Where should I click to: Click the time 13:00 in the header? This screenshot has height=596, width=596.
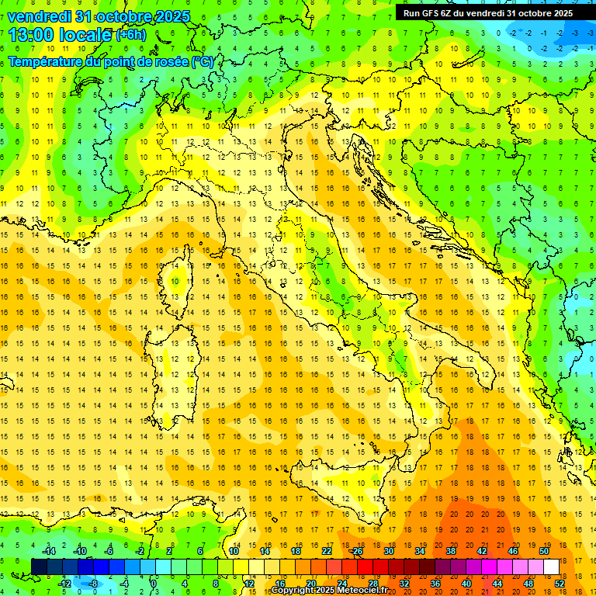pos(34,35)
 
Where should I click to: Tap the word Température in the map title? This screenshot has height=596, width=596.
pos(47,62)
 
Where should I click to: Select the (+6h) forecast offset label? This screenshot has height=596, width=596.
pos(130,35)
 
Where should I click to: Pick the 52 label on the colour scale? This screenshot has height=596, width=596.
pos(560,584)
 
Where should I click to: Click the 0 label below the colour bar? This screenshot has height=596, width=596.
pos(154,584)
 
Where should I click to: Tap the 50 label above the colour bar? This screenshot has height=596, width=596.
pos(544,551)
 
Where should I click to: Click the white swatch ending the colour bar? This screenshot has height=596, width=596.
pos(552,567)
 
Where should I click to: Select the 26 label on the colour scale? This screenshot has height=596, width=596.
pos(357,551)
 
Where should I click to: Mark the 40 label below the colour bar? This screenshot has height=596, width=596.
pos(466,584)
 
